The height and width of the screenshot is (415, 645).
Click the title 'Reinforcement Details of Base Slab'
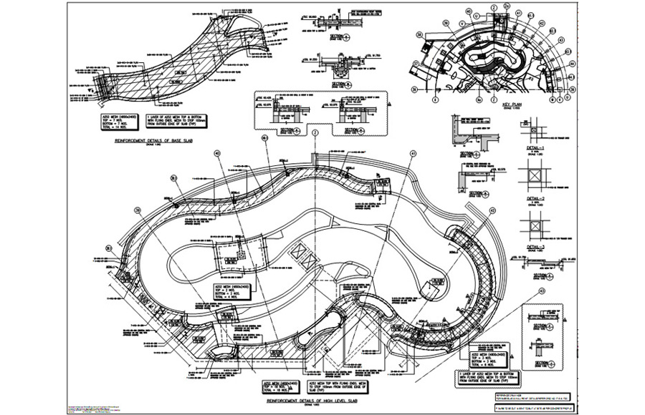[x=153, y=142]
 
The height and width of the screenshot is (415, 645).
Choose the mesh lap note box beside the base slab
[x=188, y=118]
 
